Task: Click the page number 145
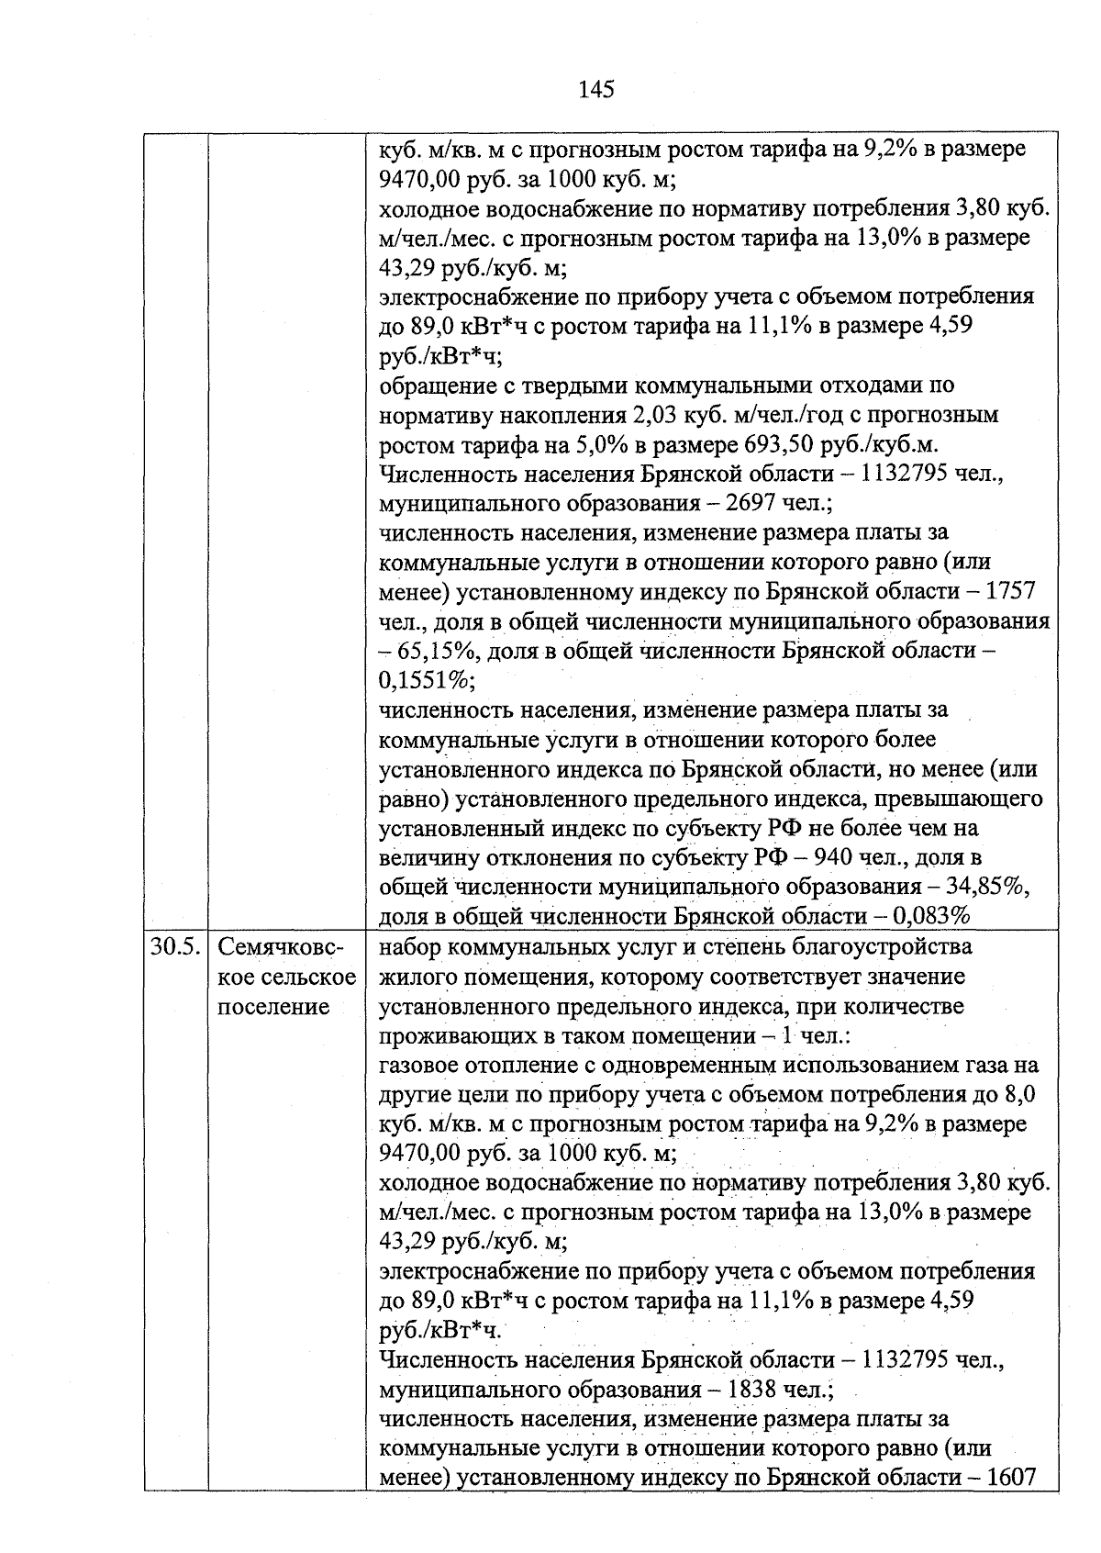coord(595,89)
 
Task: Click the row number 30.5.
coord(175,946)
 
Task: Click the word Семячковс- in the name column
coord(282,946)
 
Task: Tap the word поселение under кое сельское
coord(273,1006)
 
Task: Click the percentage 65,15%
coord(437,652)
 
